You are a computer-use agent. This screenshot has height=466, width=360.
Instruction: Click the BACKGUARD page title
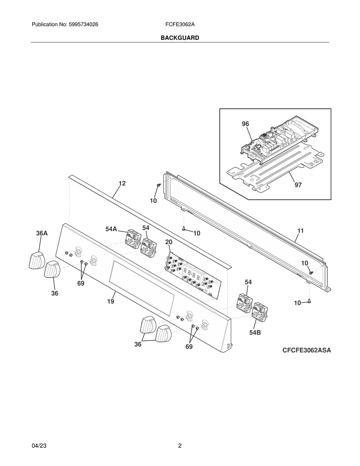180,38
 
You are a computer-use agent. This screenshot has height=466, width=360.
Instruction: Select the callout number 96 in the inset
245,124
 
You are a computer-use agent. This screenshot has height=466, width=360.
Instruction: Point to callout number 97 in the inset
298,185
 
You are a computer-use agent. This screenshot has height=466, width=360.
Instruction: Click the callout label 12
122,183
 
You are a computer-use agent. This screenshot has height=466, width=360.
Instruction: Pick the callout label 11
300,231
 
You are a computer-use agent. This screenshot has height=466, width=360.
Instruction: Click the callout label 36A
42,233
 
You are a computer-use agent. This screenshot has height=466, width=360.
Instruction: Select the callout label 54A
111,229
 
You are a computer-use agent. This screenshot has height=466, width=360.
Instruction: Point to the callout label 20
169,242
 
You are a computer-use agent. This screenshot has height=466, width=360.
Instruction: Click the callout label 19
111,302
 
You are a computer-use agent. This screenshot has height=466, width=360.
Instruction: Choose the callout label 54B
255,333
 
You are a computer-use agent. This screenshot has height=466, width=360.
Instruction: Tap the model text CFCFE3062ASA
307,350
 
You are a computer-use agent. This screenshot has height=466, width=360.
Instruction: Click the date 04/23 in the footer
39,446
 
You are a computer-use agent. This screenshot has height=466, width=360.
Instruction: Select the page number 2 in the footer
180,446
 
